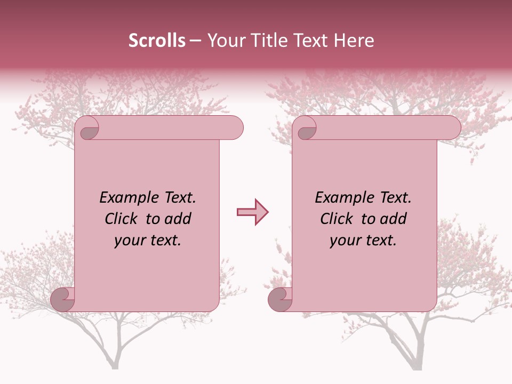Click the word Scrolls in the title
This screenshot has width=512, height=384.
point(157,41)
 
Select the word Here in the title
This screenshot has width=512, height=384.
point(354,41)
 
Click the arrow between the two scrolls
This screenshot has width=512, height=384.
point(252,212)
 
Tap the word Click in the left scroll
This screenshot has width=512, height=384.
point(116,219)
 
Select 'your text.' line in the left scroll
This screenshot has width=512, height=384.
point(147,241)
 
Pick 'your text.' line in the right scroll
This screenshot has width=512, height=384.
point(363,241)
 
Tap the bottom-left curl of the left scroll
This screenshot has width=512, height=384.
point(63,299)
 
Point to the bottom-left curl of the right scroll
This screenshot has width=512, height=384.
point(280,299)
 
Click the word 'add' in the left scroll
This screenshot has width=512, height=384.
point(179,219)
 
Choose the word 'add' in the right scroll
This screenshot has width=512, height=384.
point(394,219)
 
